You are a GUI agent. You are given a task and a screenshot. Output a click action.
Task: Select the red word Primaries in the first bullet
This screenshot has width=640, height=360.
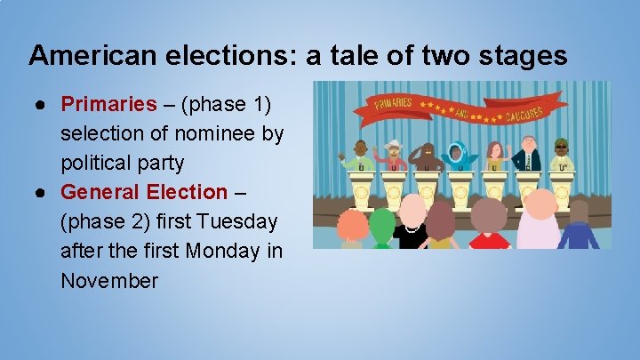(108, 104)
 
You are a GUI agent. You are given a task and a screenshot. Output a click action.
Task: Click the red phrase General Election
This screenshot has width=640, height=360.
(144, 191)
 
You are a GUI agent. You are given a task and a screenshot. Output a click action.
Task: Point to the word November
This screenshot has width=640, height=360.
(109, 281)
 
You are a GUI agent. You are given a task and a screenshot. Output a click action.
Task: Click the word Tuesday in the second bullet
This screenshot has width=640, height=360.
(242, 220)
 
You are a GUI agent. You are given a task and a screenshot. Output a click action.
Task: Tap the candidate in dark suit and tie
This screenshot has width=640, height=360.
(528, 153)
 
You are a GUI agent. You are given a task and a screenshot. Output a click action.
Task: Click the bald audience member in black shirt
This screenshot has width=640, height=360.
(412, 222)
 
